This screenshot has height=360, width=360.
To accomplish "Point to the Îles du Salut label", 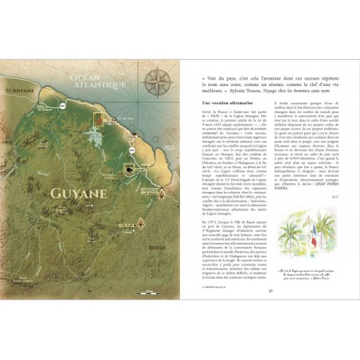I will (119, 121).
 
